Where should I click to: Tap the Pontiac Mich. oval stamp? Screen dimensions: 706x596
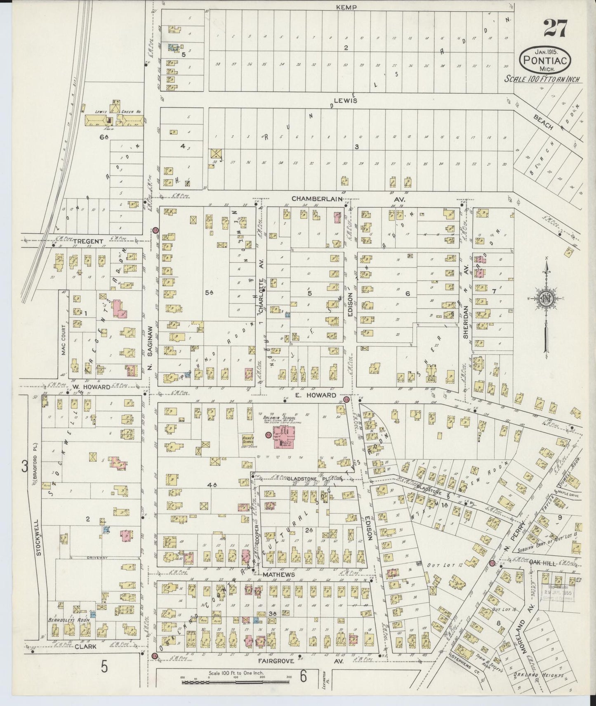pyautogui.click(x=545, y=60)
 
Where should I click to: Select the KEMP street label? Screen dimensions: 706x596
pyautogui.click(x=346, y=7)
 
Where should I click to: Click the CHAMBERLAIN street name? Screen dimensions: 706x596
pyautogui.click(x=317, y=199)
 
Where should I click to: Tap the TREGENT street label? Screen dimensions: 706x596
pyautogui.click(x=87, y=241)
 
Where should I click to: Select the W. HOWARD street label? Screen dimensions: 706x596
pyautogui.click(x=91, y=387)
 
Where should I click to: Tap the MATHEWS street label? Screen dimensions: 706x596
pyautogui.click(x=278, y=574)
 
